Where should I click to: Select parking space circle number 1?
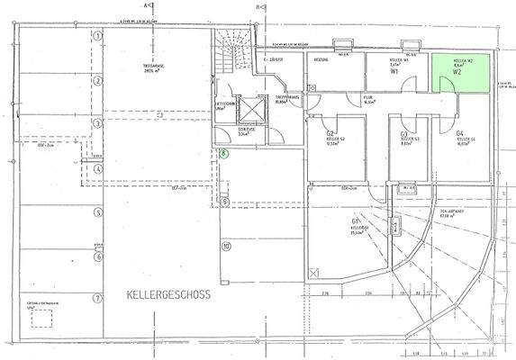click(x=95, y=37)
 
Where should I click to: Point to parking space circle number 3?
click(x=95, y=122)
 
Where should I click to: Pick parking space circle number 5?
click(x=95, y=212)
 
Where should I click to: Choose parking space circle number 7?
click(x=95, y=297)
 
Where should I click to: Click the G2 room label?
click(x=331, y=134)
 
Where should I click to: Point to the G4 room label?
click(x=434, y=133)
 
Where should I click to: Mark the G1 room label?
click(x=357, y=220)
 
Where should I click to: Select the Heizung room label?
click(x=320, y=59)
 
